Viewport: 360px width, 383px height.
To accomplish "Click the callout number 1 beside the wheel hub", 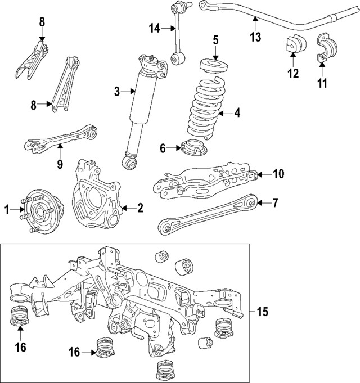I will click(x=7, y=210).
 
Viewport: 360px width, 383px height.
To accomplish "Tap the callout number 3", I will click(x=116, y=91).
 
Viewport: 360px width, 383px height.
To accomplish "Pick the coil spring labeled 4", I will click(x=209, y=110).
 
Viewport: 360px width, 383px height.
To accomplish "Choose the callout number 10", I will click(x=279, y=174).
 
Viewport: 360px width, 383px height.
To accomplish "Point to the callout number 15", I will click(x=263, y=312).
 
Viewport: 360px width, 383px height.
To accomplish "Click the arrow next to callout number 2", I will click(x=127, y=208).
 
